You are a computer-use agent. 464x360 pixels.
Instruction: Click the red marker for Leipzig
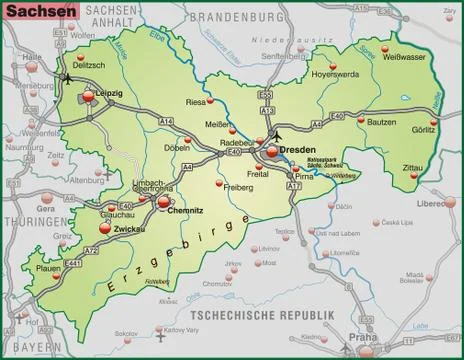click(88, 96)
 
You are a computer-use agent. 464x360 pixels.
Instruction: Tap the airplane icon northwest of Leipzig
click(66, 77)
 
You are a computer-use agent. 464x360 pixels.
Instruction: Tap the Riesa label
click(196, 102)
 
